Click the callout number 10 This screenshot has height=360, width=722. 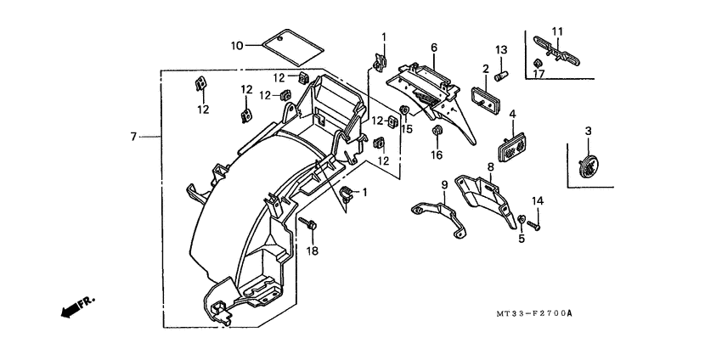click(237, 44)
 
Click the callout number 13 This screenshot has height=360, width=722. click(501, 49)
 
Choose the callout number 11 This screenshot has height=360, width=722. click(557, 32)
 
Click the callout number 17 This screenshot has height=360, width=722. click(539, 74)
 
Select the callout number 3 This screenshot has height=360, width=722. click(587, 131)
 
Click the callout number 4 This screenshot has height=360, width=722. click(512, 114)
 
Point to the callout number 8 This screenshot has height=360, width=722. click(491, 166)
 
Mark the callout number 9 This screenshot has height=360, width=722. click(443, 184)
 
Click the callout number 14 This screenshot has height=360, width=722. click(537, 200)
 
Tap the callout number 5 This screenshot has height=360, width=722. click(522, 239)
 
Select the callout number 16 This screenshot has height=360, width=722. click(437, 155)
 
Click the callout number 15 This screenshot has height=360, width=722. click(407, 129)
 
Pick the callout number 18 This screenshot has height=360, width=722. click(312, 251)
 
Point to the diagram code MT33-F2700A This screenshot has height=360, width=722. click(533, 313)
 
